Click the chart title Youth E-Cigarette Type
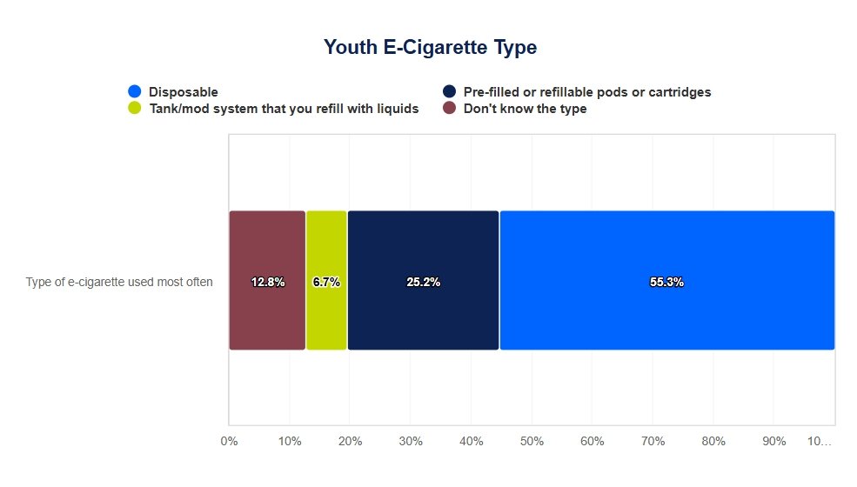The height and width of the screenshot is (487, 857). point(430,47)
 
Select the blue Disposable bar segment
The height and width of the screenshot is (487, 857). point(666,252)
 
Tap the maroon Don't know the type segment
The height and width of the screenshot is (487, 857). point(267,252)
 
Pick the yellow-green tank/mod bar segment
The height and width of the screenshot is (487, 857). point(326,252)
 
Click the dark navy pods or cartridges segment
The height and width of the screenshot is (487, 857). point(423,252)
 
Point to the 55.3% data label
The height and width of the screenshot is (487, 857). point(666,282)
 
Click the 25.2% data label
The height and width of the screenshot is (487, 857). point(423,282)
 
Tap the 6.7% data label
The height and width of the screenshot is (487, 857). point(326,282)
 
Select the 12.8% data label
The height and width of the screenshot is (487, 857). point(267,282)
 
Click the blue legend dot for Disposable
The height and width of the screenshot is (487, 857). point(135,91)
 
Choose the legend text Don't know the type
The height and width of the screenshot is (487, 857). point(525,109)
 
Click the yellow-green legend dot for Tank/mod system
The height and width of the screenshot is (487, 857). point(135,109)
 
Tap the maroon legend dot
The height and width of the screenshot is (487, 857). point(450,109)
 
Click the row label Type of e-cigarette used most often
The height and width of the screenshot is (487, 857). point(119,282)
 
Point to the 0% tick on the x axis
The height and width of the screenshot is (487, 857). point(229,441)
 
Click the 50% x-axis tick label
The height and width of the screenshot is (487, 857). point(532,441)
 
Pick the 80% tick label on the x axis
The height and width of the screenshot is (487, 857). point(713,441)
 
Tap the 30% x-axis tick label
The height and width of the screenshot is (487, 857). point(411,441)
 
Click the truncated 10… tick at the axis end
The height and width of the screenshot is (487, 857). point(819,441)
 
